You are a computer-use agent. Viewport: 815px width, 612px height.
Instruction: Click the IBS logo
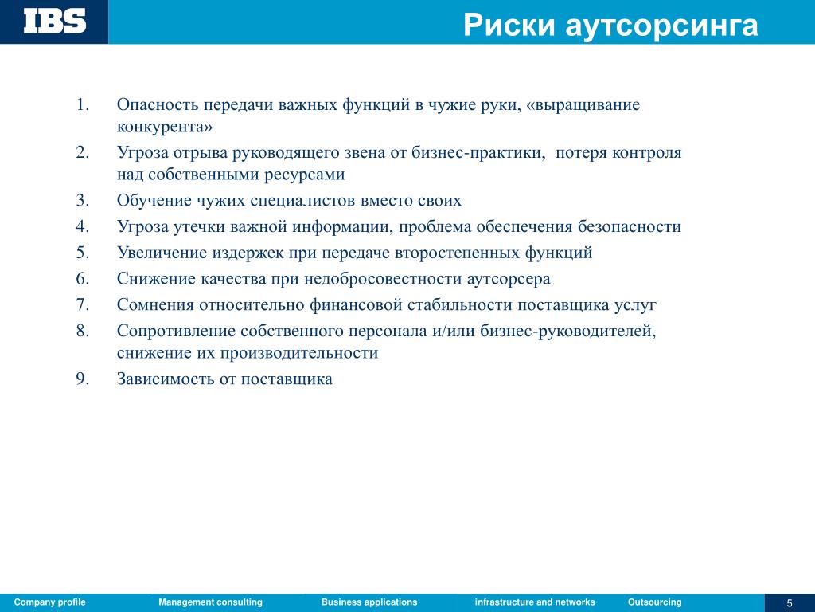point(55,22)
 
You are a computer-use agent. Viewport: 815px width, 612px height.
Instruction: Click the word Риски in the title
point(509,25)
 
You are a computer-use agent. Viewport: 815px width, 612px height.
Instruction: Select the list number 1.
point(83,104)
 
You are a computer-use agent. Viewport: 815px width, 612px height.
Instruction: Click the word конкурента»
point(165,127)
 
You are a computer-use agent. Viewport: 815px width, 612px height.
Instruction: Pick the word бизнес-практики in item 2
point(478,153)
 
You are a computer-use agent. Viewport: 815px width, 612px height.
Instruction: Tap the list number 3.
point(83,200)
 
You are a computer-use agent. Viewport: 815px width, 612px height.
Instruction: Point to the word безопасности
point(630,226)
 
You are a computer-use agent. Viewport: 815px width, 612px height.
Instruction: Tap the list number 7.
point(83,304)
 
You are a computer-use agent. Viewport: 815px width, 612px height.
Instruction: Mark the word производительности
point(299,353)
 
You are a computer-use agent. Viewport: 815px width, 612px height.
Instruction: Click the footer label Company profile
point(50,602)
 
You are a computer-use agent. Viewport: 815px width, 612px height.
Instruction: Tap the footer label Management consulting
point(210,602)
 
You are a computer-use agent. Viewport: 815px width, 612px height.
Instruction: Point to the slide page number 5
point(790,603)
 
